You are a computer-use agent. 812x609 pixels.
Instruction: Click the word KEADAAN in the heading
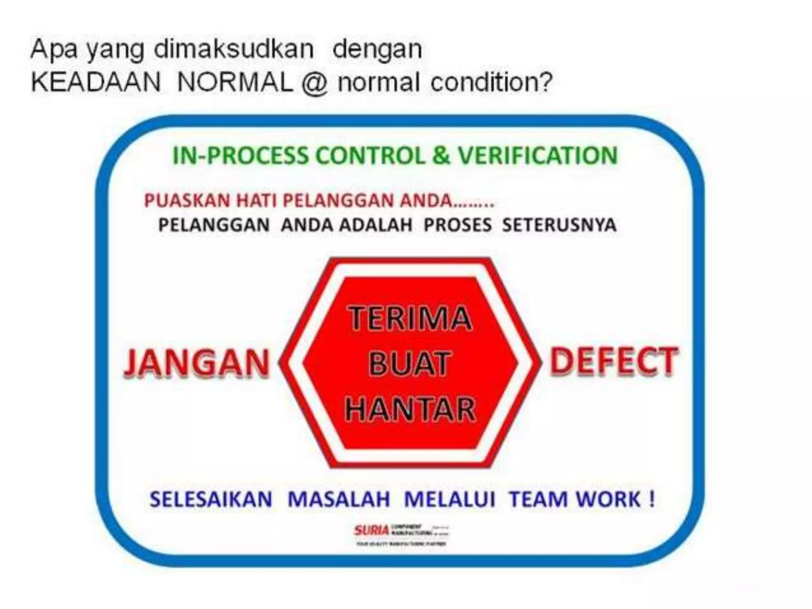96,82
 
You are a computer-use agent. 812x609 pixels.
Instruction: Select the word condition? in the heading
491,82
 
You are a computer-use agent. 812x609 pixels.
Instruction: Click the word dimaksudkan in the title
234,50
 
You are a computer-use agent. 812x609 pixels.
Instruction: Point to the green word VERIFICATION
538,155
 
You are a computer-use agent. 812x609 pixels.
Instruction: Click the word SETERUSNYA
559,225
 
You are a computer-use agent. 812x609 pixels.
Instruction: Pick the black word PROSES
458,225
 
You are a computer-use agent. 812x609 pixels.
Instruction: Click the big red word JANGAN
197,362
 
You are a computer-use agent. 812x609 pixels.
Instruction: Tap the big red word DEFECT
613,361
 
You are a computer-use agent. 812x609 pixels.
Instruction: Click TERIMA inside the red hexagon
410,318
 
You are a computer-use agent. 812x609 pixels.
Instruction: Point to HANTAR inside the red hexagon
410,409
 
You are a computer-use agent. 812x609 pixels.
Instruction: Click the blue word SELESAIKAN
211,499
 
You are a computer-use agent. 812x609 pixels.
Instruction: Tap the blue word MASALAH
339,499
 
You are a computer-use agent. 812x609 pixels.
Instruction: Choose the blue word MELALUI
450,499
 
